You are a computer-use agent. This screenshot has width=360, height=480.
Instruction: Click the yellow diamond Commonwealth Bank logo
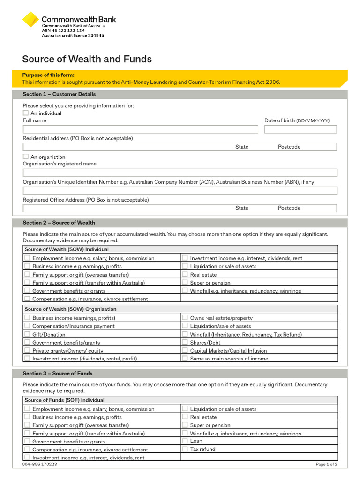pos(31,20)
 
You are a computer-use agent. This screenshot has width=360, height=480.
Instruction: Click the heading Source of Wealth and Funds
pos(87,59)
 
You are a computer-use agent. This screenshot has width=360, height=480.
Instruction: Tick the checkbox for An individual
pos(26,113)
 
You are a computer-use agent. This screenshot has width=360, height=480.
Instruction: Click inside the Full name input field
pos(140,129)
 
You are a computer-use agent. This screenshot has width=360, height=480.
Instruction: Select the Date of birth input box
pos(300,129)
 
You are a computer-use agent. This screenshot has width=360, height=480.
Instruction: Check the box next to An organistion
pos(26,157)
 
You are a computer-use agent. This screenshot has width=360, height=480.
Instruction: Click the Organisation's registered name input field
pos(180,172)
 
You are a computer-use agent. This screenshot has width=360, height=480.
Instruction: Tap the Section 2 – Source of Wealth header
pos(59,223)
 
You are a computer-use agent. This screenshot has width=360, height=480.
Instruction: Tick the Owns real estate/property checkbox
pos(185,318)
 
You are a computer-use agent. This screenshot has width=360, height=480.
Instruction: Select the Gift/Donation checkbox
pos(27,334)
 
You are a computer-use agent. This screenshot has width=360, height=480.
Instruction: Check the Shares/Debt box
pos(185,342)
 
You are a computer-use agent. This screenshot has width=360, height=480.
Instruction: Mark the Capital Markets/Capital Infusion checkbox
pos(185,350)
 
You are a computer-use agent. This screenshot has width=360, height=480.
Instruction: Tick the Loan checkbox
pos(185,441)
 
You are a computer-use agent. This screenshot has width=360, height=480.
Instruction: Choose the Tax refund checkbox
pos(185,449)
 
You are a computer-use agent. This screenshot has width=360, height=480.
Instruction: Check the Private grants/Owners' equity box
pos(27,350)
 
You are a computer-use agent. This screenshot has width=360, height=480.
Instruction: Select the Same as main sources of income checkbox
pos(185,358)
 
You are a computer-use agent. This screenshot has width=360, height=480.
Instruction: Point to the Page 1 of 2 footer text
pos(326,465)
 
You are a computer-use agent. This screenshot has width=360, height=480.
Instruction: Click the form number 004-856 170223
pos(40,465)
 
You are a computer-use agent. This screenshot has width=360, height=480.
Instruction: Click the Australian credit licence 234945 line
pos(73,35)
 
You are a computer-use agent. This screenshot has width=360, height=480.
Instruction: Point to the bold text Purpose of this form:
pos(48,75)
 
